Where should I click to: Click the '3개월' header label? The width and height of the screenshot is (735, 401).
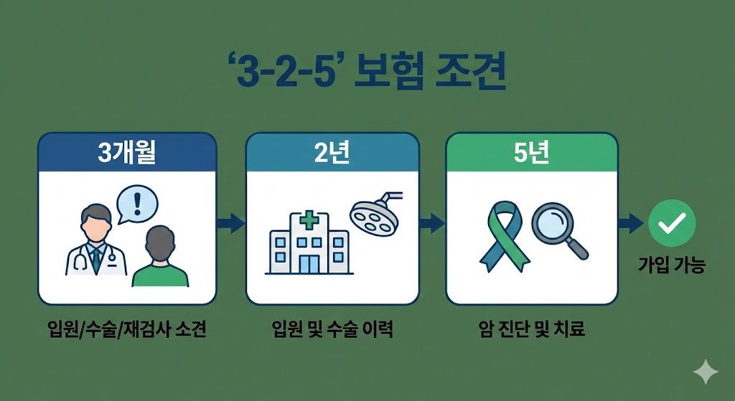point(127,154)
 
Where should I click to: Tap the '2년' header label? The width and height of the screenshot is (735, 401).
point(332,154)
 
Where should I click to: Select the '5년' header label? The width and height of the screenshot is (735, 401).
point(532,154)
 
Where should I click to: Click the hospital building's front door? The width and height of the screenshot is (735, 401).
point(309,262)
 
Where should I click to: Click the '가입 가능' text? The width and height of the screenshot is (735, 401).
point(672,265)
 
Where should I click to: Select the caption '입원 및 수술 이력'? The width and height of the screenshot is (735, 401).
point(332,330)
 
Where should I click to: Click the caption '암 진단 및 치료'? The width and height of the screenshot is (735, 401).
point(532,330)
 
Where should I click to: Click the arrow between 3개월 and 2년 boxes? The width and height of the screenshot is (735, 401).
point(230,223)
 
